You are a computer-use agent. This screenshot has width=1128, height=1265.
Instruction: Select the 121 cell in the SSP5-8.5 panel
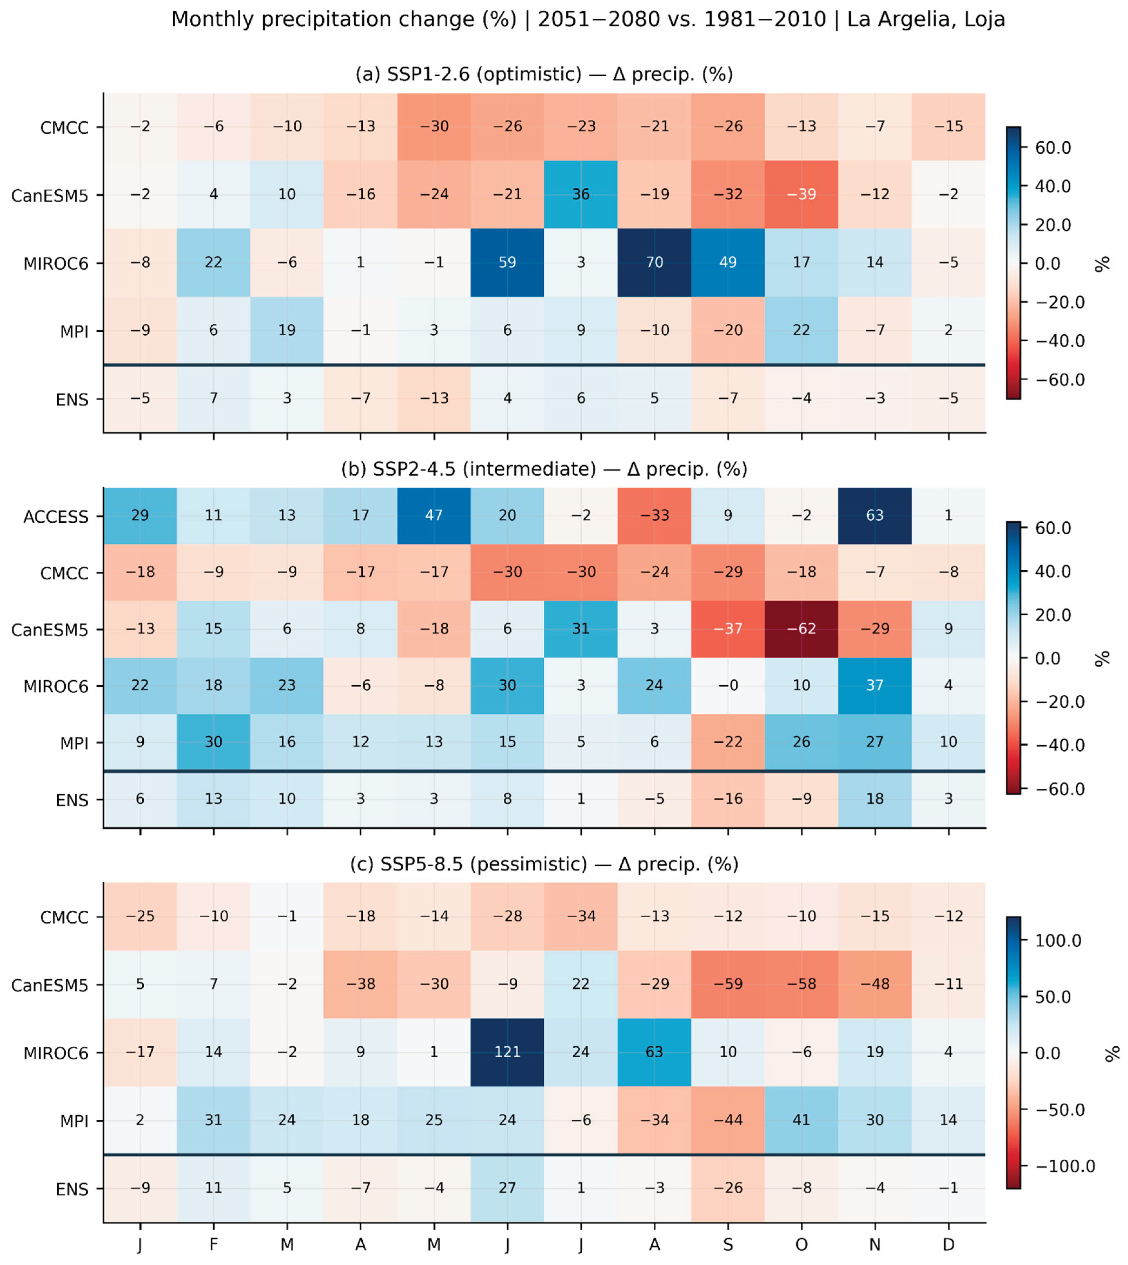coord(508,1052)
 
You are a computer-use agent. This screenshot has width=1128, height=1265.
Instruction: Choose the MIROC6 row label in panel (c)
coord(56,1053)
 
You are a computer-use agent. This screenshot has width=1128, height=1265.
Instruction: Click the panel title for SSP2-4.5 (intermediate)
coord(544,469)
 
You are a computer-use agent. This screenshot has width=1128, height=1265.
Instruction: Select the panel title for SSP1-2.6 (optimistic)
coord(544,74)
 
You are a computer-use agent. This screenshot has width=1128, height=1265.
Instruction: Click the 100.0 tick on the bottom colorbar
coord(1058,941)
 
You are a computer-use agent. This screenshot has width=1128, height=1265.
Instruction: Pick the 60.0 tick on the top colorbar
coord(1053,148)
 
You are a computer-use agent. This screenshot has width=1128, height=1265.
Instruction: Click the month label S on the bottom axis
coord(728,1244)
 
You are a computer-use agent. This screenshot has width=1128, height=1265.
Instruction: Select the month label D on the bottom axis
coord(948,1244)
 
